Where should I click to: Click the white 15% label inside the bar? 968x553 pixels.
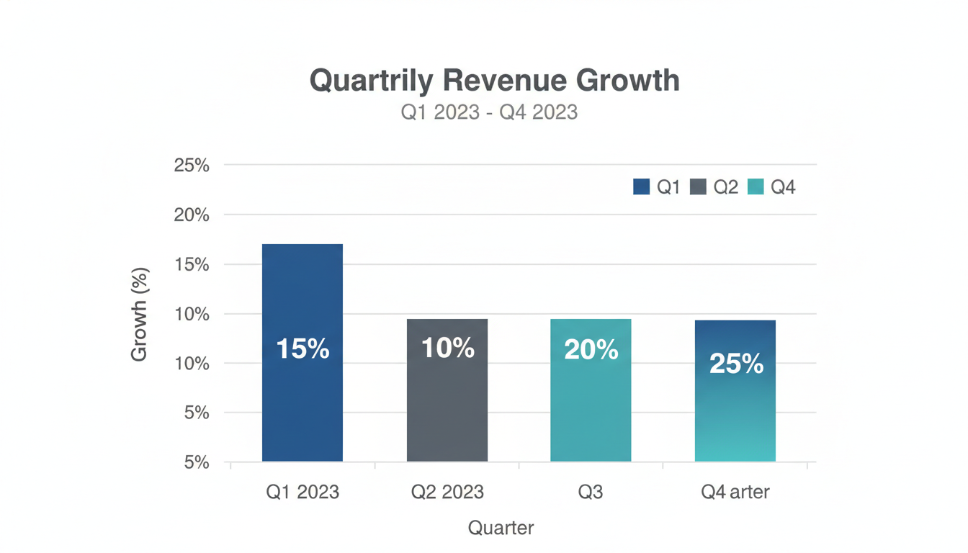tap(302, 349)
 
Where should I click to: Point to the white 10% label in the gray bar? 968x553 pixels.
tap(447, 349)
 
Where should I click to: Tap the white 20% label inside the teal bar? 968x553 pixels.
tap(591, 350)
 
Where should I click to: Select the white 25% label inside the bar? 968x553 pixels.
tap(736, 364)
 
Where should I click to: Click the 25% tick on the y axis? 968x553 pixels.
tap(192, 166)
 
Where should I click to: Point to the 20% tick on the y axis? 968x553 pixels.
tap(192, 215)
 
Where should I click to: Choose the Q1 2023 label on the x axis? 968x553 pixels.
tap(302, 493)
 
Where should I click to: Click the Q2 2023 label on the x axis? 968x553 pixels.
tap(447, 493)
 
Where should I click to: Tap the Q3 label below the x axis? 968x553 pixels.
tap(591, 493)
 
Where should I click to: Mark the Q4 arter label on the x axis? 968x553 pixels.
tap(735, 493)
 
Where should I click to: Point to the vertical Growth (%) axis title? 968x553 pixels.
tap(139, 315)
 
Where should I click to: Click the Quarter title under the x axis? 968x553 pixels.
tap(501, 528)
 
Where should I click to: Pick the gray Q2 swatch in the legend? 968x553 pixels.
tap(698, 187)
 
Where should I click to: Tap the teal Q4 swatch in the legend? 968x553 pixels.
tap(756, 187)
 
